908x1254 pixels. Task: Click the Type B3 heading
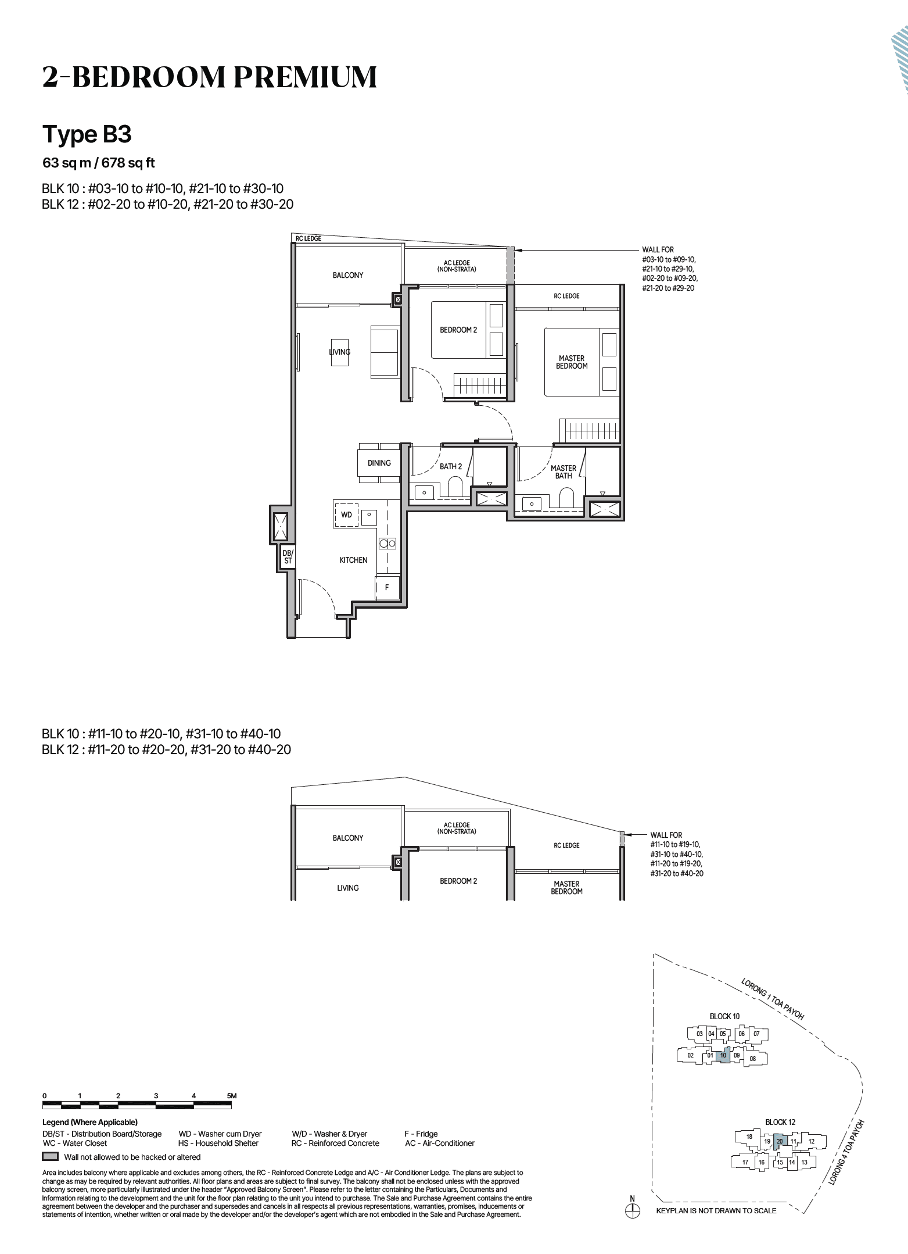87,134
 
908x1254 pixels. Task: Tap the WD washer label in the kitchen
346,515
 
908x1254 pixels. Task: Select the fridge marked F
387,587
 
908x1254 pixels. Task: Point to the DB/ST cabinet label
288,557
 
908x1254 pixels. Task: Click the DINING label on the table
379,463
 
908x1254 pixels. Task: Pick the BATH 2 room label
451,466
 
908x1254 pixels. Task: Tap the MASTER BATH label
564,471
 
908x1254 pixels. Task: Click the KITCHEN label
353,560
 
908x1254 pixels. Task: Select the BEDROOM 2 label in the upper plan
458,330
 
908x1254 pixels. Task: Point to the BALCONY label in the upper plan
348,275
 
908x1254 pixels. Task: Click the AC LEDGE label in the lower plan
457,828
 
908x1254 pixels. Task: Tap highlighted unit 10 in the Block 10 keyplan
723,1055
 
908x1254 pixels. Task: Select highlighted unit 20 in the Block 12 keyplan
780,1141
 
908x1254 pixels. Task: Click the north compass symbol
632,1212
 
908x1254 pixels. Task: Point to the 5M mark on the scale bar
232,1096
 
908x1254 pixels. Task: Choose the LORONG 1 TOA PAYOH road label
772,999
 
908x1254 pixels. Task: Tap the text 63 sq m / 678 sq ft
99,163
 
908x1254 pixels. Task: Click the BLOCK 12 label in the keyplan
780,1122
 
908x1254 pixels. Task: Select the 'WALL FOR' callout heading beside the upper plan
658,249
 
